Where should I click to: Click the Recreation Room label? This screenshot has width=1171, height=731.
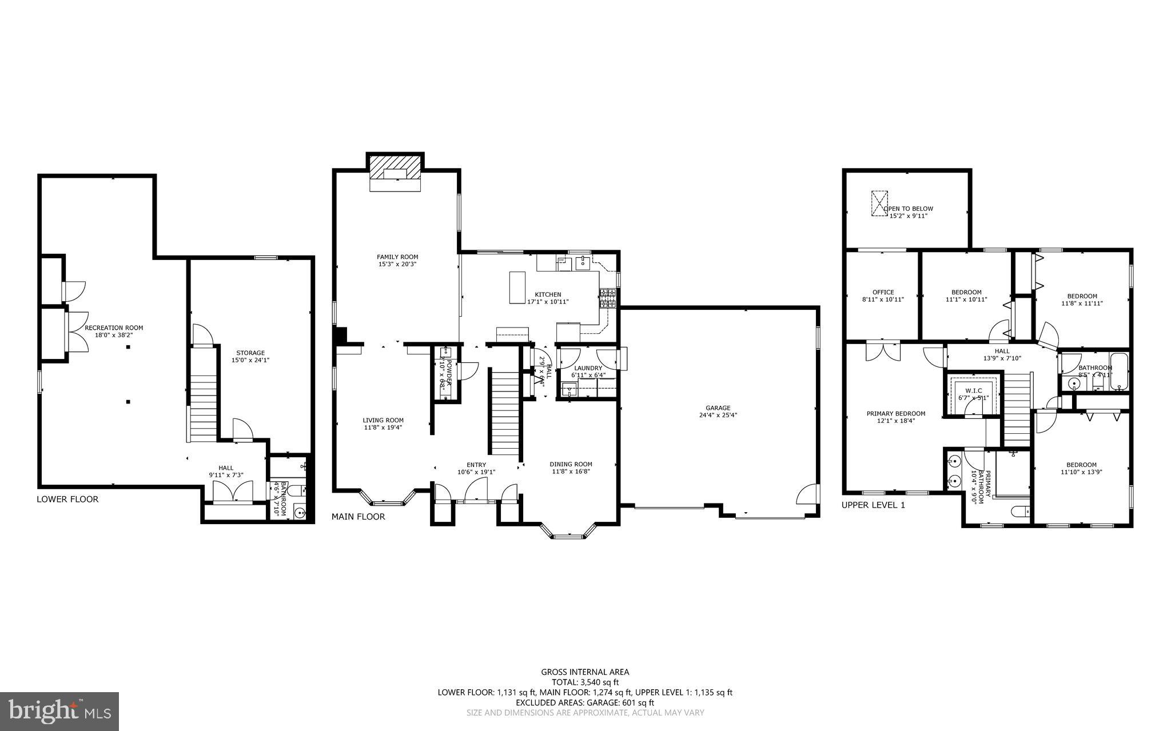pos(114,327)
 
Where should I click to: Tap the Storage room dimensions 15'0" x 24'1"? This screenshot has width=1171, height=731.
pos(250,360)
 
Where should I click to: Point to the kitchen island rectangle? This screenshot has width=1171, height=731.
pos(517,287)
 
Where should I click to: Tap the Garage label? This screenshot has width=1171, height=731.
pos(718,408)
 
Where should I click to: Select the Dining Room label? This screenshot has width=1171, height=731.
pos(571,464)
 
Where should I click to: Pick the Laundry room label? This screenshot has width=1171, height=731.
pos(588,368)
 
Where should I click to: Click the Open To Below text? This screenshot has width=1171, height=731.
pos(909,209)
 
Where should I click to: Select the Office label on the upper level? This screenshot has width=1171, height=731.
pos(883,292)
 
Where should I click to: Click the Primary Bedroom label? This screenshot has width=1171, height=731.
pos(895,413)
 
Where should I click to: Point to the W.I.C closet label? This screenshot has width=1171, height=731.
pos(973,390)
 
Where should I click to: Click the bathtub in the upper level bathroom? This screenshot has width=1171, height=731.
pos(1120,372)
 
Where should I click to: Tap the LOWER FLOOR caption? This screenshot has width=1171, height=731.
pos(67,499)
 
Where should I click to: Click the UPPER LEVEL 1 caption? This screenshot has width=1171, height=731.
pos(873,505)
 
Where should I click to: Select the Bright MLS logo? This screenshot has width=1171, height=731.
pos(59,711)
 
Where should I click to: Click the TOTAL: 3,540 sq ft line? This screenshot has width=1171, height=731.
pos(585,682)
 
